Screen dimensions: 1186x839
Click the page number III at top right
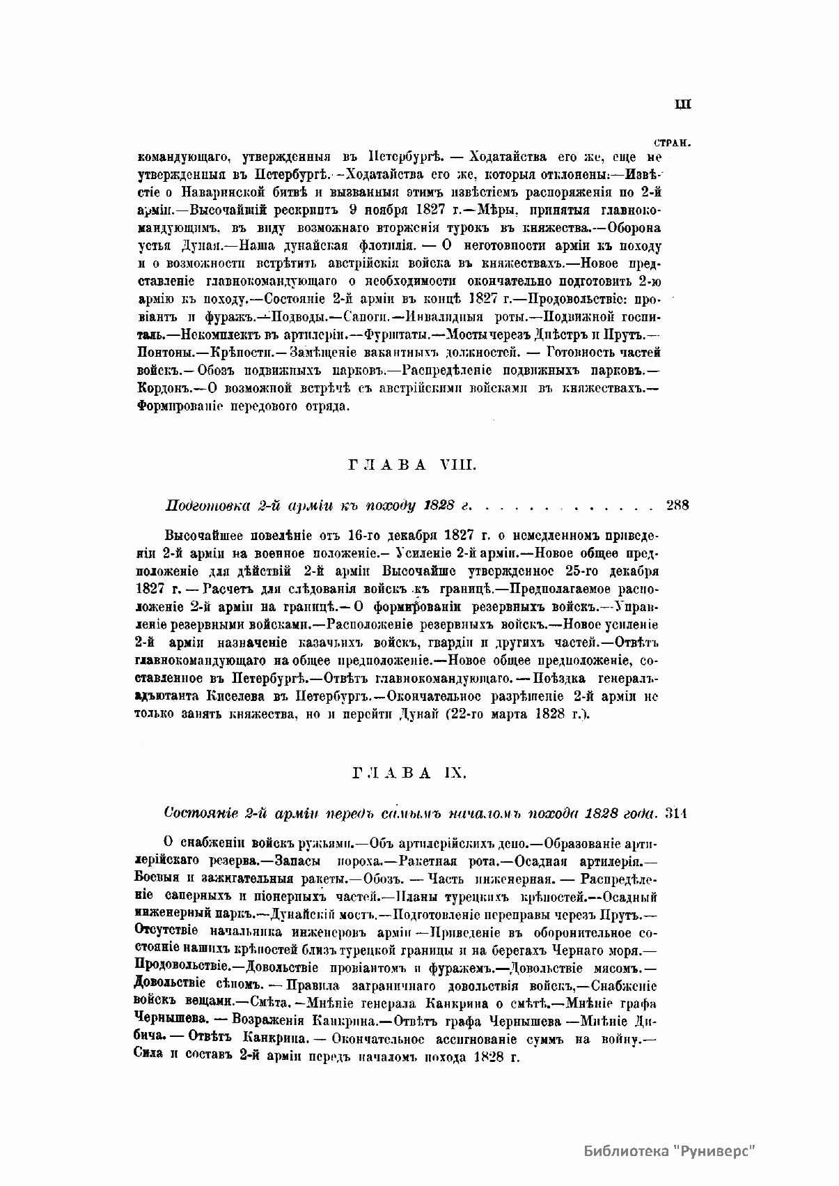pyautogui.click(x=682, y=105)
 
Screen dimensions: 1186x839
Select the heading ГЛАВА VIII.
pyautogui.click(x=411, y=466)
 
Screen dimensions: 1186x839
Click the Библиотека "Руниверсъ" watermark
pyautogui.click(x=670, y=1150)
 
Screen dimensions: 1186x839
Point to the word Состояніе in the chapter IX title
pyautogui.click(x=198, y=813)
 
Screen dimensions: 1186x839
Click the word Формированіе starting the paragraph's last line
pyautogui.click(x=178, y=406)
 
